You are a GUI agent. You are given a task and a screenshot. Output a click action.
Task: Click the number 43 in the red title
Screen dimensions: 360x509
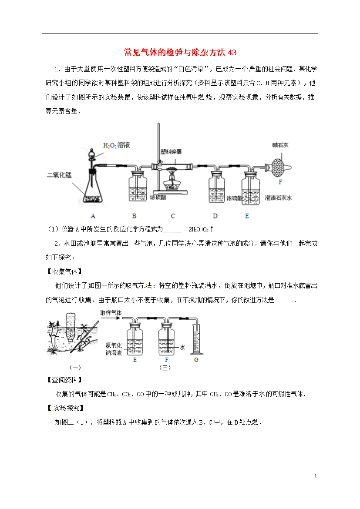point(232,52)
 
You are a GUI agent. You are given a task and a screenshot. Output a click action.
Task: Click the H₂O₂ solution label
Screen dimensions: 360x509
point(116,145)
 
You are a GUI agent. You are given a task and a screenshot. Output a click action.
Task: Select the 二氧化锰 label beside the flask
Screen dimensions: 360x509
point(59,174)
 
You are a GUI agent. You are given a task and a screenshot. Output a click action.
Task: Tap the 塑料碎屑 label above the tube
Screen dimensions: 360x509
point(171,151)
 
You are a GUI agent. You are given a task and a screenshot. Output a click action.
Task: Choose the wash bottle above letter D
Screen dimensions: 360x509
point(216,187)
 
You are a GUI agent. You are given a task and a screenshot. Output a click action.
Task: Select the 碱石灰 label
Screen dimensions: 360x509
point(280,145)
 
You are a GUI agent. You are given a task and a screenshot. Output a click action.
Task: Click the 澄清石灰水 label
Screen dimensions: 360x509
point(278,198)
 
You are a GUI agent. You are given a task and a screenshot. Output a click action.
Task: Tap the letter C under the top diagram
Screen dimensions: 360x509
point(173,216)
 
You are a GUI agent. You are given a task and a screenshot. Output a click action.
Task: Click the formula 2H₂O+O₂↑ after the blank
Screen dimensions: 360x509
point(201,229)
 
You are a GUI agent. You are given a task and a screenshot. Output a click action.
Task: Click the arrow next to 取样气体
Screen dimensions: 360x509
point(111,318)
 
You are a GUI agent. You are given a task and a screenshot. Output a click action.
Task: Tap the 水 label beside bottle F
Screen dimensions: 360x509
point(182,347)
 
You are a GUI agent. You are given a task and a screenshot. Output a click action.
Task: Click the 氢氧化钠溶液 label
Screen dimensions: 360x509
point(114,349)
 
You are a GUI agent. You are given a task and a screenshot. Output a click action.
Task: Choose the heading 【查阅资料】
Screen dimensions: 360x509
point(64,380)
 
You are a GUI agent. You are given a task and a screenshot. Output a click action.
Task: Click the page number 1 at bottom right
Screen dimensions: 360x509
point(316,476)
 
